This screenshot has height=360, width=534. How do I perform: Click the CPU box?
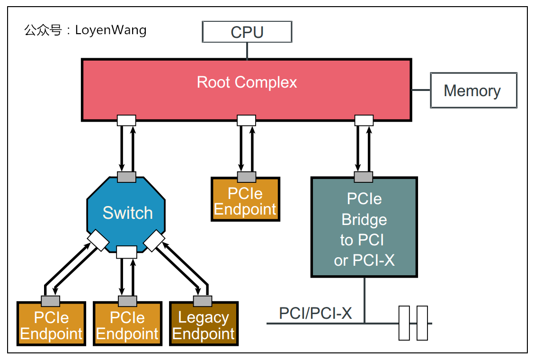pyautogui.click(x=247, y=32)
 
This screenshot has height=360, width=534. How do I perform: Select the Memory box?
pyautogui.click(x=472, y=90)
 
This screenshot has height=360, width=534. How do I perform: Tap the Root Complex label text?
pyautogui.click(x=247, y=82)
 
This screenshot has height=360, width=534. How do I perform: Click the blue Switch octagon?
pyautogui.click(x=127, y=213)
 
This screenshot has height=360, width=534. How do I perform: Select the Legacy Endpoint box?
pyautogui.click(x=204, y=326)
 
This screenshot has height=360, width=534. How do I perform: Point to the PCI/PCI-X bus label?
pyautogui.click(x=315, y=314)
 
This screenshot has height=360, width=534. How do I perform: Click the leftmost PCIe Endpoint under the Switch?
pyautogui.click(x=51, y=326)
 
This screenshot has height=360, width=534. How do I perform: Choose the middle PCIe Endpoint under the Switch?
pyautogui.click(x=127, y=326)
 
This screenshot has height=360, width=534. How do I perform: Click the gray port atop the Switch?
pyautogui.click(x=126, y=177)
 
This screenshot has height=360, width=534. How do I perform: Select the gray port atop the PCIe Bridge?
pyautogui.click(x=364, y=177)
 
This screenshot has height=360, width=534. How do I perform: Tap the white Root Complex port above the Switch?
pyautogui.click(x=126, y=120)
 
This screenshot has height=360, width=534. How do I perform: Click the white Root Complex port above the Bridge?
pyautogui.click(x=364, y=120)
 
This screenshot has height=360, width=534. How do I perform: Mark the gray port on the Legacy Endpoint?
pyautogui.click(x=203, y=301)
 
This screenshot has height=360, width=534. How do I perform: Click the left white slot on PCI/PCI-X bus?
pyautogui.click(x=404, y=323)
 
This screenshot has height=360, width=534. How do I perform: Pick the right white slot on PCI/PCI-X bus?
pyautogui.click(x=422, y=323)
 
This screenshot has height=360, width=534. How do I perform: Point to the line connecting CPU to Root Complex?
pyautogui.click(x=247, y=51)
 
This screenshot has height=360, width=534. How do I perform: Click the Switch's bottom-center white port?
pyautogui.click(x=126, y=252)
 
